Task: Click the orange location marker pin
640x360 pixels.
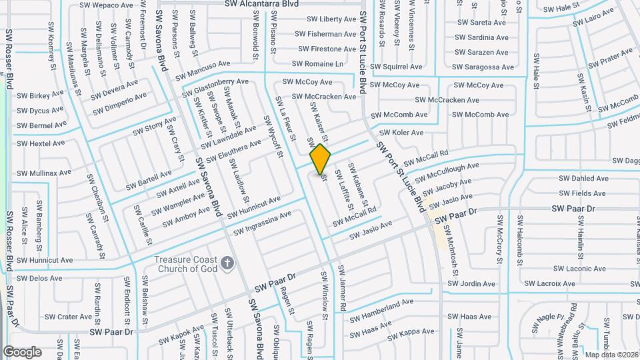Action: [321, 159]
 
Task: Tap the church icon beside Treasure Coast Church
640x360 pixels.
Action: [227, 263]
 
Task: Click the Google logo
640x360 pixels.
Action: [22, 352]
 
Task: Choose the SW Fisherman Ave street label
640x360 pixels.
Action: [327, 34]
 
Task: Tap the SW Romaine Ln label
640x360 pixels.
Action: [321, 64]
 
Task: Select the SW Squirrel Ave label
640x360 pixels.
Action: [397, 67]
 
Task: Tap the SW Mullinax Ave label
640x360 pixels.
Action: [44, 173]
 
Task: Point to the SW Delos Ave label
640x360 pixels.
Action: [39, 278]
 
